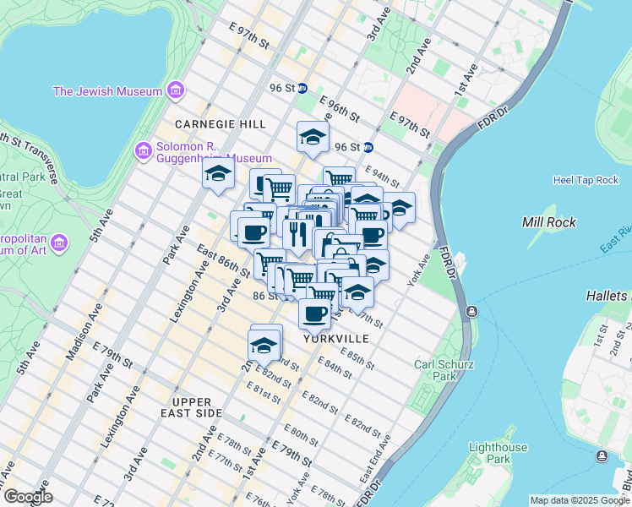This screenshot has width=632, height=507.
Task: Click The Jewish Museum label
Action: [x=107, y=91]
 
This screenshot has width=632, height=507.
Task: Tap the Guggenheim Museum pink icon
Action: [x=144, y=150]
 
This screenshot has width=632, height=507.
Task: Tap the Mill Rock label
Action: [x=549, y=222]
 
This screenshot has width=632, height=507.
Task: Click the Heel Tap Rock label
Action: [x=586, y=180]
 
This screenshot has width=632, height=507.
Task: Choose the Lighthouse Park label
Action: [x=499, y=453]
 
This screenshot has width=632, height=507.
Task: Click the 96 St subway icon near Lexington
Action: [x=302, y=87]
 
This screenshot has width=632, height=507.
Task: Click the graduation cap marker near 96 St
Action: [x=313, y=138]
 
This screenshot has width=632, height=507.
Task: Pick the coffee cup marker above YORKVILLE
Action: [x=314, y=313]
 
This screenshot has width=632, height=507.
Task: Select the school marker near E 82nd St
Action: [x=264, y=346]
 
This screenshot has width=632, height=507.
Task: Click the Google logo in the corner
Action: [x=28, y=497]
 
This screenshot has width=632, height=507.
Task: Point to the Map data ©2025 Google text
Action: [x=580, y=500]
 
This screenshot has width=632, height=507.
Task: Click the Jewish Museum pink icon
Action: [x=175, y=90]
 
